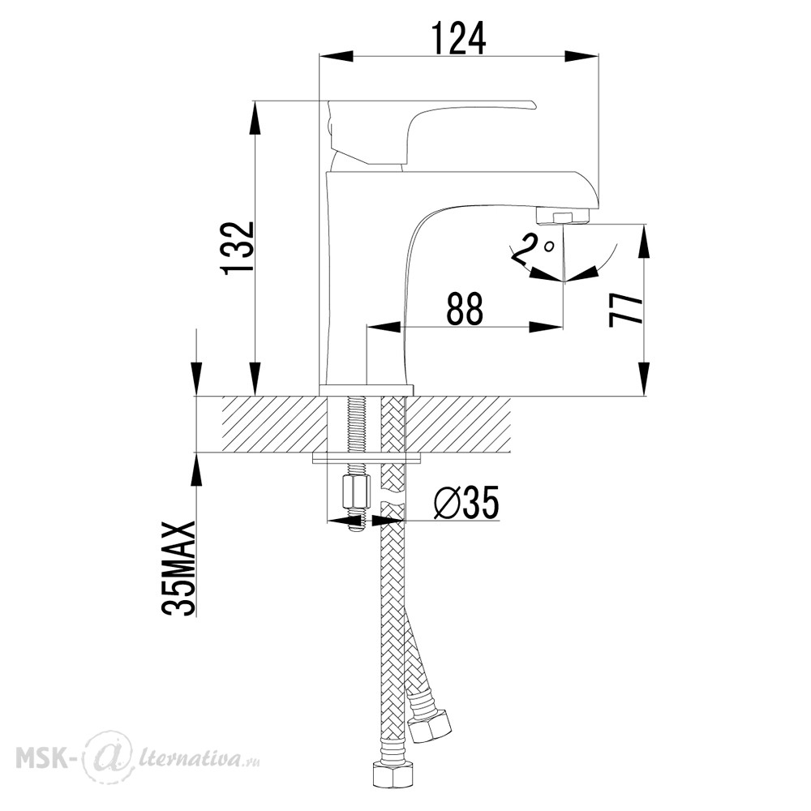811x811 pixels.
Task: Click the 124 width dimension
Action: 459,38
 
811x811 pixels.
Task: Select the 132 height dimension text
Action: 237,248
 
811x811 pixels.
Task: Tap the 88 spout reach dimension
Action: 465,309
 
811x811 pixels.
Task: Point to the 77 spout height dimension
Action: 625,310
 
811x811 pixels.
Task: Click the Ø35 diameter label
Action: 466,502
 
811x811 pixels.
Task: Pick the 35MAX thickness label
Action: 179,568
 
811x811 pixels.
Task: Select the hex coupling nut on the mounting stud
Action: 357,493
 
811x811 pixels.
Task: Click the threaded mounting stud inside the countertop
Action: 357,425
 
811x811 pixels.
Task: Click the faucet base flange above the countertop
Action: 367,391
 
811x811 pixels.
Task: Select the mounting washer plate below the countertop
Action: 367,458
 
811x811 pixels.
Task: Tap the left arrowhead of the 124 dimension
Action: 337,57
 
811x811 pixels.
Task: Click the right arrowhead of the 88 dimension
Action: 545,327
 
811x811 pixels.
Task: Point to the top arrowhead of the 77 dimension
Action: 644,241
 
